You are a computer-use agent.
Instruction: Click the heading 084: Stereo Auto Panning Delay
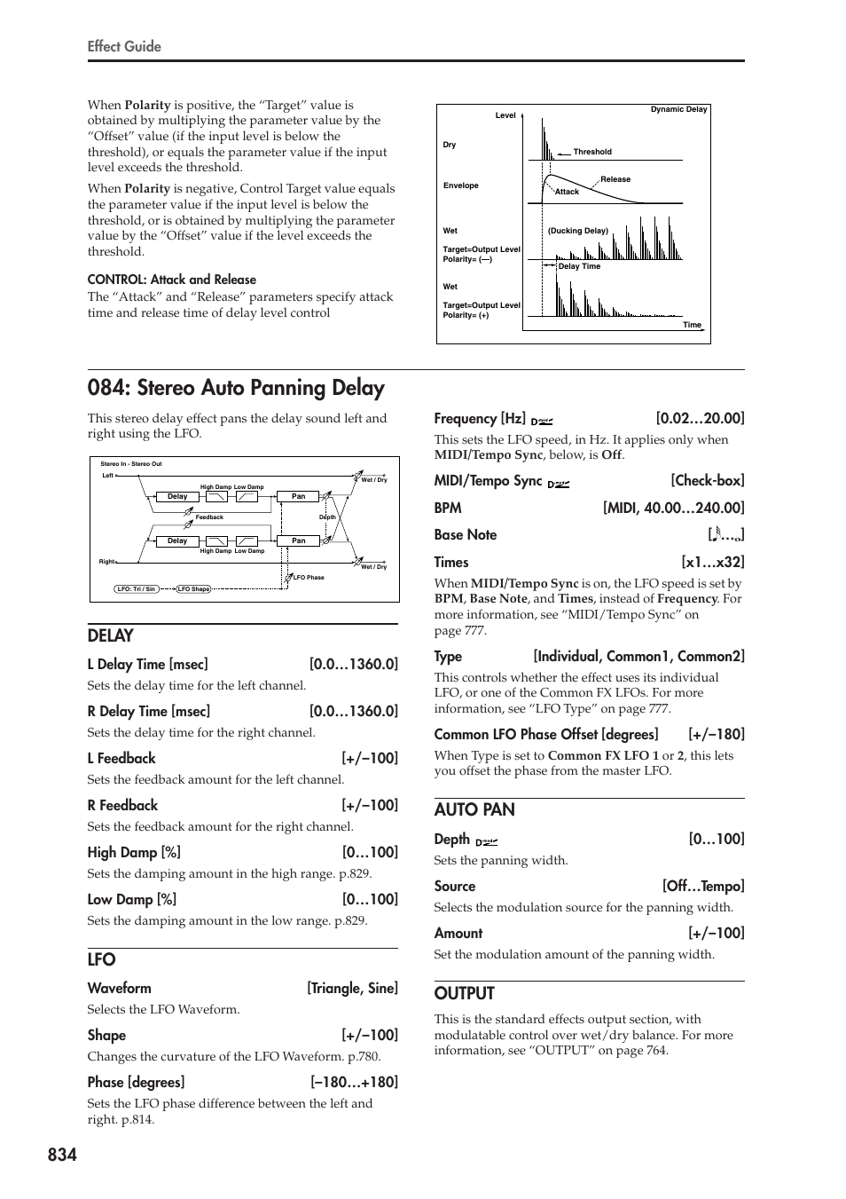pos(236,388)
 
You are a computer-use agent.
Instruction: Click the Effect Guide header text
pos(124,46)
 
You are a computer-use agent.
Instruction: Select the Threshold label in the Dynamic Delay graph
pos(592,152)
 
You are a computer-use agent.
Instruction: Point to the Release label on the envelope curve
pos(615,179)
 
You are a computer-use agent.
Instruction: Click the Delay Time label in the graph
pos(579,266)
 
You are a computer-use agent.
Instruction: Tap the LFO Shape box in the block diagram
pos(193,589)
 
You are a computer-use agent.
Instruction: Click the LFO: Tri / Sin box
pos(137,589)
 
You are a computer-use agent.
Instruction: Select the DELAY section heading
pos(111,635)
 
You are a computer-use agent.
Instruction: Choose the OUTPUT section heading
pos(464,993)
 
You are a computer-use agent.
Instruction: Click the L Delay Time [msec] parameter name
pos(148,665)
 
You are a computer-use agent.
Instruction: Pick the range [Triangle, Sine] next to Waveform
pos(352,989)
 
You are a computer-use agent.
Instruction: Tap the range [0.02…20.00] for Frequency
pos(700,419)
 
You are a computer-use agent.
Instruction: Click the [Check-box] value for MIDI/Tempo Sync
pos(707,481)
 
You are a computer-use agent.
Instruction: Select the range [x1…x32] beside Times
pos(712,563)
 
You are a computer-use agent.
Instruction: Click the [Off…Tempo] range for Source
pos(702,887)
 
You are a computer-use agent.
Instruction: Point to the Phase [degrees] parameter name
pos(136,1083)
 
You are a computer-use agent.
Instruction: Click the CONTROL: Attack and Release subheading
pos(172,280)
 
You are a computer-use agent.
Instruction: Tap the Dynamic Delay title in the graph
pos(678,110)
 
